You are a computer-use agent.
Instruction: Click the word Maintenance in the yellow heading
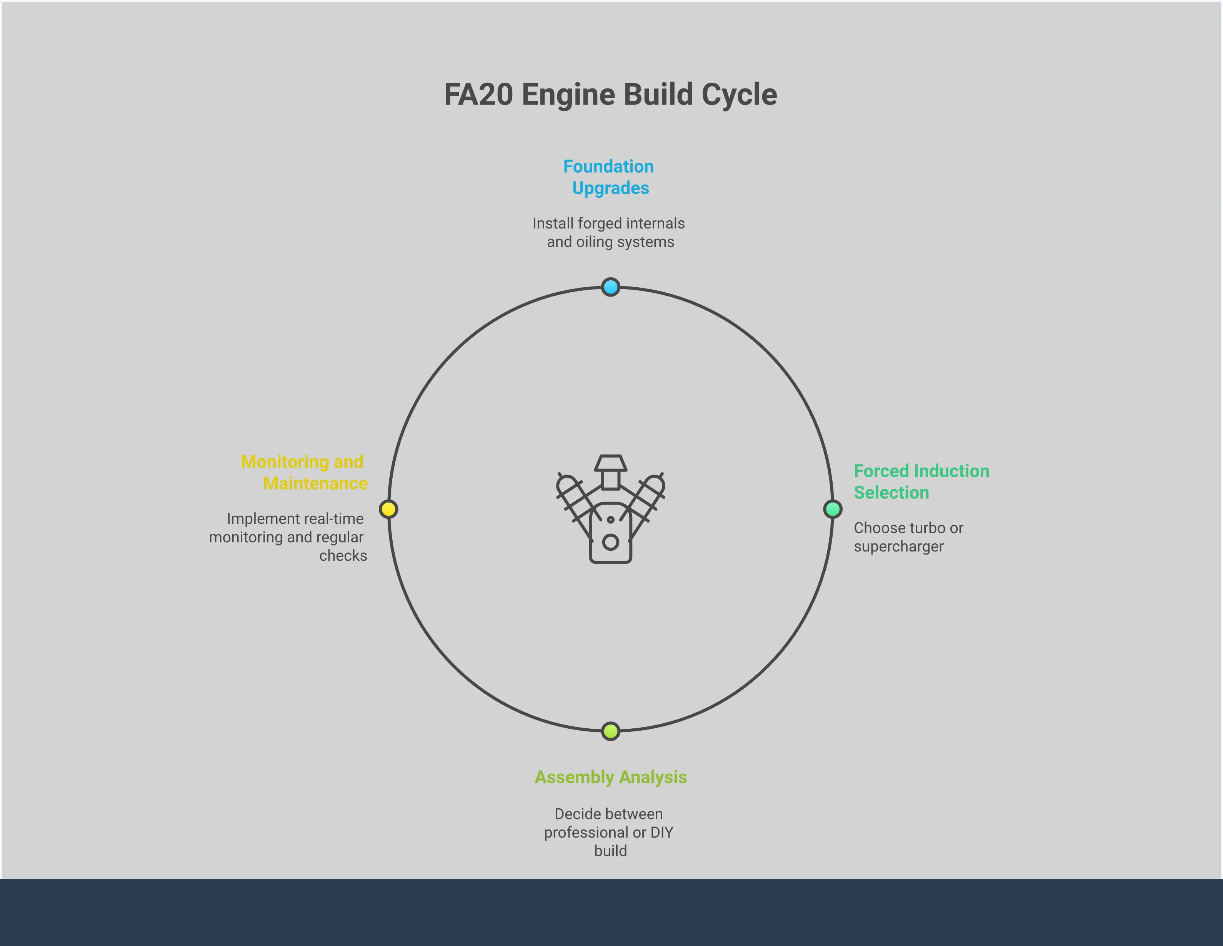click(x=315, y=483)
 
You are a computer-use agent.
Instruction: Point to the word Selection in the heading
click(x=891, y=493)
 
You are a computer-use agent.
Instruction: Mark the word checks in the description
click(x=343, y=556)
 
